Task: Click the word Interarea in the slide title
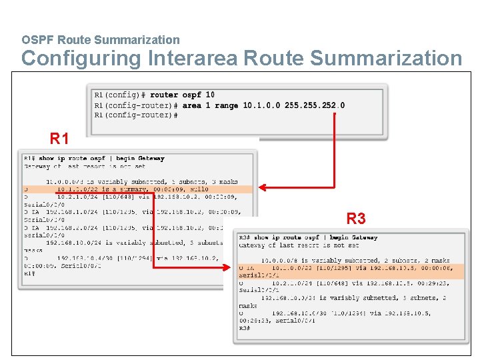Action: point(193,58)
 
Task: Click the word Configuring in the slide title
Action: point(81,59)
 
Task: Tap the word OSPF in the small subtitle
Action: point(35,40)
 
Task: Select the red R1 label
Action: point(59,139)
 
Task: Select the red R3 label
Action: point(356,218)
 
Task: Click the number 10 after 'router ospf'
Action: point(210,95)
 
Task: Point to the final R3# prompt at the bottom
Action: point(244,328)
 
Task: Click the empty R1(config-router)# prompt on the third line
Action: point(135,115)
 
